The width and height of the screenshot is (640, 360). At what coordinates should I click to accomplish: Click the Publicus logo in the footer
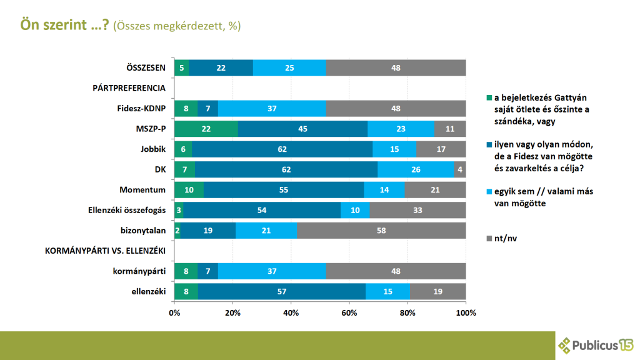coord(596,345)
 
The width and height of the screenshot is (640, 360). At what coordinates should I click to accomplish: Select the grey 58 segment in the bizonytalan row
coord(381,231)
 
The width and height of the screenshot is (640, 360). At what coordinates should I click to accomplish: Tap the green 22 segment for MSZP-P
coord(206,129)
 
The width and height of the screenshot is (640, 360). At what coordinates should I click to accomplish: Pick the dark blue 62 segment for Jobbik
coord(282,149)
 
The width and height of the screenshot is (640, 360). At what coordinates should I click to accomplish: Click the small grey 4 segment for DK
coord(460,169)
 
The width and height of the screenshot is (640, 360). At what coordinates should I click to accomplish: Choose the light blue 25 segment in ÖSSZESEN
coord(289,67)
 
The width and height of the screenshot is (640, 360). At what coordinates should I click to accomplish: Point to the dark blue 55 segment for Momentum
coord(283,190)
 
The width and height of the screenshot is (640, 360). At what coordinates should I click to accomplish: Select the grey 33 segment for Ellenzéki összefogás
coord(417,210)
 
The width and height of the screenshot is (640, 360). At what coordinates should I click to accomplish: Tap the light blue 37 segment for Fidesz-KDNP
coord(272,108)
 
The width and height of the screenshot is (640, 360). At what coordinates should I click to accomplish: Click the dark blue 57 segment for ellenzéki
coord(281,291)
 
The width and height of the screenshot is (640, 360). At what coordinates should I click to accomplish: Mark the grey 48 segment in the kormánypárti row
coord(396,271)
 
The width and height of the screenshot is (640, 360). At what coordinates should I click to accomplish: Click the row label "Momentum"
coord(142,190)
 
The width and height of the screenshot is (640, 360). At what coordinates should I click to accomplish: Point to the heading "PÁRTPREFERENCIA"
coord(129,88)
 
